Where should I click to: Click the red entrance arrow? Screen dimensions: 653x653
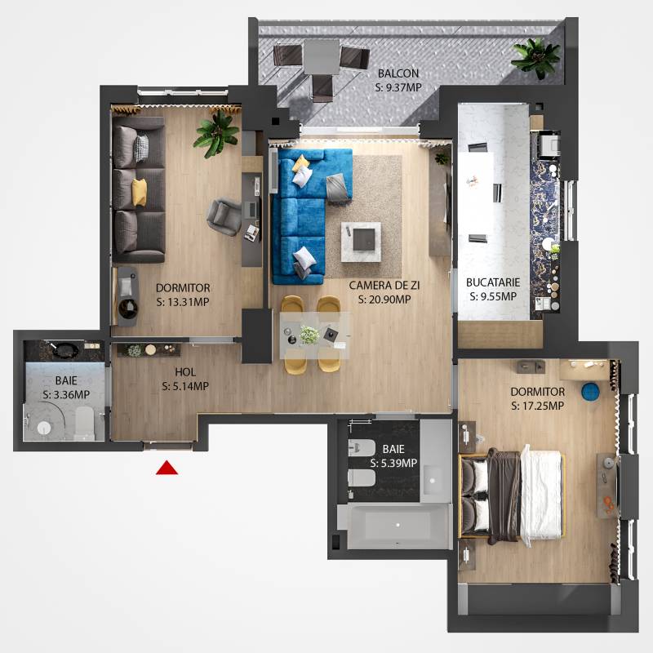167,468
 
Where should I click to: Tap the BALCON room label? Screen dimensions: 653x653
398,73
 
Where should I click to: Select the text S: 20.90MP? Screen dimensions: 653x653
384,300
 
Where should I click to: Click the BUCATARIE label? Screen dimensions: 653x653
493,282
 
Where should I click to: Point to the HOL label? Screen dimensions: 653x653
185,372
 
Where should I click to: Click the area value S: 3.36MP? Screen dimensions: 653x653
66,394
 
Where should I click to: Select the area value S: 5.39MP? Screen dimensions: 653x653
393,463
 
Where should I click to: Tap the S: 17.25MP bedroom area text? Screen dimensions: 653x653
538,406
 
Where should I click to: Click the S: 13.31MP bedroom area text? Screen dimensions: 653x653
183,302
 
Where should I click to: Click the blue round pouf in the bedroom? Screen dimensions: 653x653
590,392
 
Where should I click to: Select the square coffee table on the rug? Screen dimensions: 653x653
361,242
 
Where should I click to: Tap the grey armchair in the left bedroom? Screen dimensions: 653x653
224,216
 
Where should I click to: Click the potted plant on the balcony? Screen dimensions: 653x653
536,57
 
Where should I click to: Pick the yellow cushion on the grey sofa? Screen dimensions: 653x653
139,192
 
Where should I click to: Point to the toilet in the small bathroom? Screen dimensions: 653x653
85,423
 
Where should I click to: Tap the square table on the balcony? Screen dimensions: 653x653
321,56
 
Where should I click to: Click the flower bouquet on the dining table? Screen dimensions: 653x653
309,335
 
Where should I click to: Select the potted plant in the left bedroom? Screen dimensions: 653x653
216,133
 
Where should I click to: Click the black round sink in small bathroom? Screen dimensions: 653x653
65,350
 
